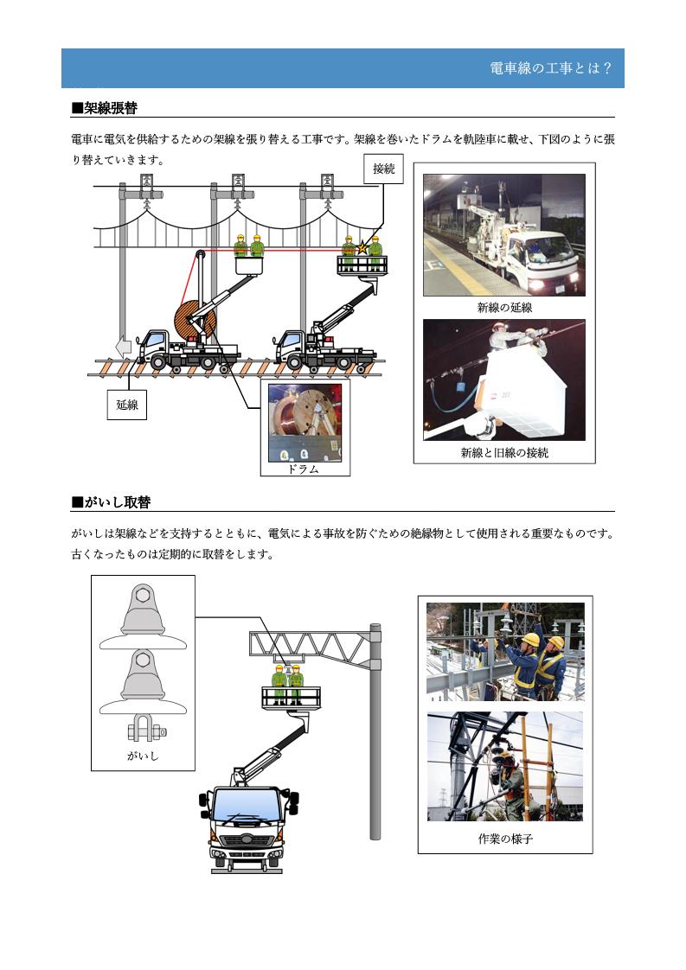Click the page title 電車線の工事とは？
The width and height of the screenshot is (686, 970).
coord(550,69)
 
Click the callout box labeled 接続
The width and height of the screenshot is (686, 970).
coord(383,169)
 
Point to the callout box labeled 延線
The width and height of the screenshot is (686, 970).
coord(126,404)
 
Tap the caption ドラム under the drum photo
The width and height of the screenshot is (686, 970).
coord(305,469)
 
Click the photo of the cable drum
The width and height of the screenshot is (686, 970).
coord(305,423)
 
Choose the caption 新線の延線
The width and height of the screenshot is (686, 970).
coord(503,308)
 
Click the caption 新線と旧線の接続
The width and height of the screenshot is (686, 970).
coord(503,452)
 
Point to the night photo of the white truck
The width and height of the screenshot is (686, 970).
coord(503,234)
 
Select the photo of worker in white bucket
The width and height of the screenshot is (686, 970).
coord(503,380)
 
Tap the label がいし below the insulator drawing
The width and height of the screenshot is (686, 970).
coord(143,756)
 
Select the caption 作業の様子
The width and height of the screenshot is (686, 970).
coord(504,839)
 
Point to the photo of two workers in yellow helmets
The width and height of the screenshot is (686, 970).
coord(505,651)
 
